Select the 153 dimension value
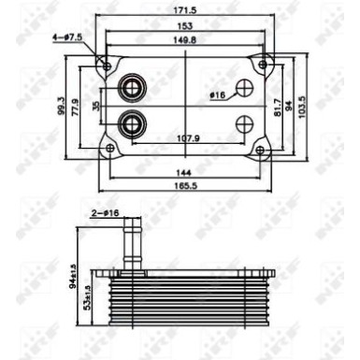point(187,25)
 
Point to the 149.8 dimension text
point(187,40)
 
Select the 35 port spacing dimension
point(95,106)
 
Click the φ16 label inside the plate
point(217,95)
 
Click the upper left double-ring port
point(130,89)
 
